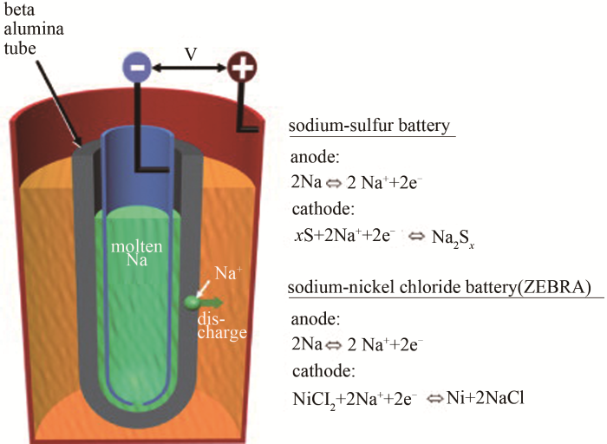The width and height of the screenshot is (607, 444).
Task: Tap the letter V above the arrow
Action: [x=191, y=55]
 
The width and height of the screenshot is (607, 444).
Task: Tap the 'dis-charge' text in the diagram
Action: [x=228, y=325]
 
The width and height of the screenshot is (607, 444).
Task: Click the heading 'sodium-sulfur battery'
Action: [x=372, y=126]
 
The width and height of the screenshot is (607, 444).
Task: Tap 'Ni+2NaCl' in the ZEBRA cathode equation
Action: [x=488, y=399]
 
